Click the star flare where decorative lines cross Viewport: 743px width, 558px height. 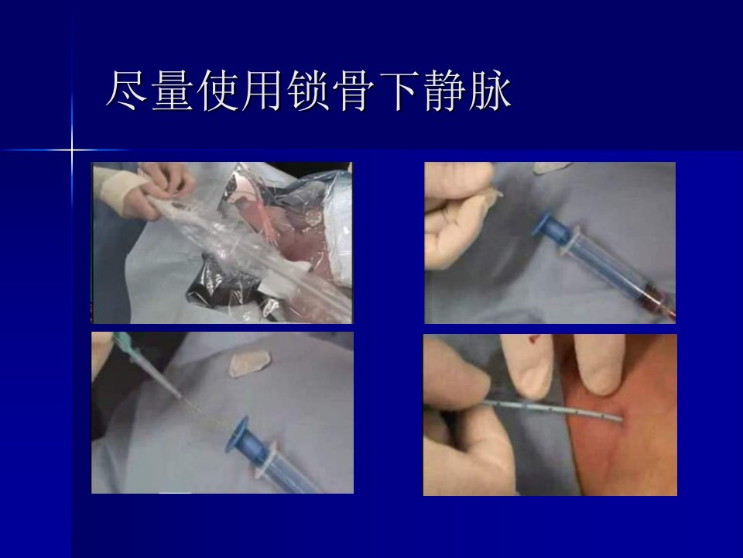tap(72, 150)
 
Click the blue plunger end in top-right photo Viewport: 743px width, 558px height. tap(543, 224)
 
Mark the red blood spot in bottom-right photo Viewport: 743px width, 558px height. tap(534, 339)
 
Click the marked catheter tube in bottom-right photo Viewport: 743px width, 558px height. tap(553, 411)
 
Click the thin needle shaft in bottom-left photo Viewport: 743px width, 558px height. tap(204, 413)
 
